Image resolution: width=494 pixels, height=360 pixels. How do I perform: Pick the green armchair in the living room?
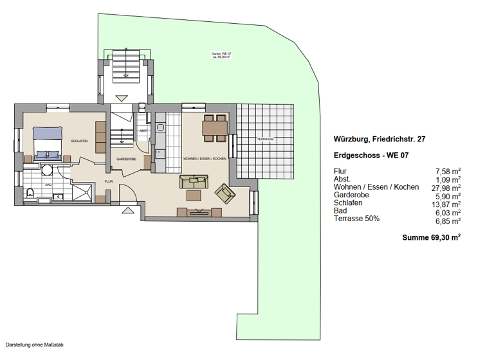(x=225, y=192)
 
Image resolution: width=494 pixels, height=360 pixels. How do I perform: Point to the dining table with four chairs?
(x=214, y=128)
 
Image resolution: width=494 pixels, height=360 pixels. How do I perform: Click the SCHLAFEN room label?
(x=79, y=140)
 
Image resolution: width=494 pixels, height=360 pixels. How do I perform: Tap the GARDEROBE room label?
(x=125, y=158)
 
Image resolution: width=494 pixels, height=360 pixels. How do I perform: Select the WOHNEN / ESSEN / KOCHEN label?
(x=203, y=158)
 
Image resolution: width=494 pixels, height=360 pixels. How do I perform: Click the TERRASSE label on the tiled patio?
(x=266, y=139)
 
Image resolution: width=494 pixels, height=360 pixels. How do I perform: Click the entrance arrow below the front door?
(x=127, y=210)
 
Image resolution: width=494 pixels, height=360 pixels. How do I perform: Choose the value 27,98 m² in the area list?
(x=448, y=188)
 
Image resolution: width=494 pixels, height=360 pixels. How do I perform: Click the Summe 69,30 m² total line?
(x=431, y=237)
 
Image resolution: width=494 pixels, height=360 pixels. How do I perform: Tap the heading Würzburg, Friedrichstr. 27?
(x=379, y=138)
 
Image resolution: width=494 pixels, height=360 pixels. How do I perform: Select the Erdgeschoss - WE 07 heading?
(x=370, y=156)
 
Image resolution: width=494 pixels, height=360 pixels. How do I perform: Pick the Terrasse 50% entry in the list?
(x=356, y=219)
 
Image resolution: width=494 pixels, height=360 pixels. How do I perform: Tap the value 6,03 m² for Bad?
(x=449, y=212)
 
